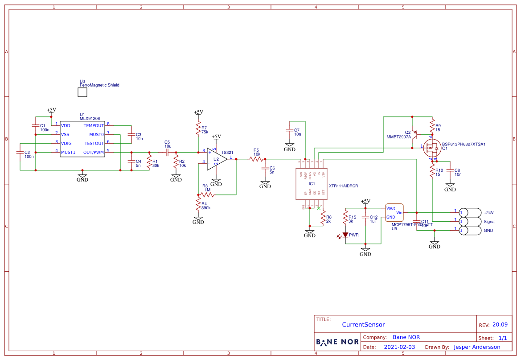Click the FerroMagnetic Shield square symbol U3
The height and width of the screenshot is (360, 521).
[82, 92]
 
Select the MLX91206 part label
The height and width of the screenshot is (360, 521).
[90, 119]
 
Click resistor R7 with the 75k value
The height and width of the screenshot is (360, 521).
[198, 129]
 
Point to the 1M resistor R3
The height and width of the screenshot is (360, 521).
[207, 194]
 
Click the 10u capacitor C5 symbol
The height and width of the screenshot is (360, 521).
[167, 152]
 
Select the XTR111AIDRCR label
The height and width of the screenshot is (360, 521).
[343, 186]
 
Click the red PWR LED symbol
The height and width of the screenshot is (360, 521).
[345, 235]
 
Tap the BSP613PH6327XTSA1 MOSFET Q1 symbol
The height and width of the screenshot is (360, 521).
[431, 147]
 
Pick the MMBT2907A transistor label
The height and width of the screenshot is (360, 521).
[398, 137]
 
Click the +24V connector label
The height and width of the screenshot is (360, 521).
[489, 213]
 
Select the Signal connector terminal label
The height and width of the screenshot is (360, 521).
[489, 222]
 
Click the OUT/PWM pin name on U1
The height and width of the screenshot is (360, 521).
[94, 152]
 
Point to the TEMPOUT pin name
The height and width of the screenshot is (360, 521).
[94, 126]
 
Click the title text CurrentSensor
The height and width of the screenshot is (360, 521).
[363, 325]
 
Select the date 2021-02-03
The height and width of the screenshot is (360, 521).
[399, 347]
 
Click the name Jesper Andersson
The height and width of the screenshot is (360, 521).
[477, 347]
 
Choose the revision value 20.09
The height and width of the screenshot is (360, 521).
[500, 325]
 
